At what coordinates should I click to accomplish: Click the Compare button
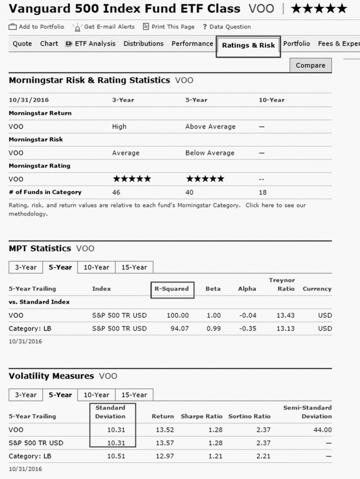[x=310, y=65]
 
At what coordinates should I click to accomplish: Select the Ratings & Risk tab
[x=248, y=46]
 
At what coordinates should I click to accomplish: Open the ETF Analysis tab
[x=91, y=44]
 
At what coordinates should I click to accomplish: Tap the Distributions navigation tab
[x=144, y=44]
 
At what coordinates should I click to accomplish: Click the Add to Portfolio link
[x=37, y=27]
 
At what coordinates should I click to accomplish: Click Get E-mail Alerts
[x=104, y=27]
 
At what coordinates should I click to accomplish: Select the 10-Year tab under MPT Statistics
[x=96, y=268]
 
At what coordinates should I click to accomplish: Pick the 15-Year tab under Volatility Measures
[x=134, y=395]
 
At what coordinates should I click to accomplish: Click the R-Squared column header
[x=172, y=289]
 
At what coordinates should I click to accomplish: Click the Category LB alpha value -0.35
[x=248, y=329]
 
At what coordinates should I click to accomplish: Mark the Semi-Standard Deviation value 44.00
[x=322, y=429]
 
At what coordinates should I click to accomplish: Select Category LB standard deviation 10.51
[x=116, y=456]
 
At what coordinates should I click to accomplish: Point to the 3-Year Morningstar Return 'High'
[x=119, y=127]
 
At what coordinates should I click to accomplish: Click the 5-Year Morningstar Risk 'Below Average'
[x=210, y=153]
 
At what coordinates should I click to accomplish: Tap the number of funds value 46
[x=116, y=192]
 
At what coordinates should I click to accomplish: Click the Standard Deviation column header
[x=110, y=412]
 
